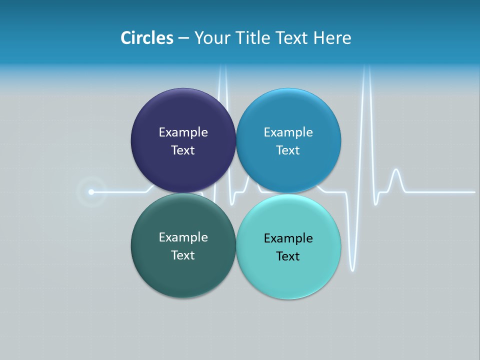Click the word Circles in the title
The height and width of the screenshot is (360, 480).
click(147, 38)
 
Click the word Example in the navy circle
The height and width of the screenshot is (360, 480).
click(183, 132)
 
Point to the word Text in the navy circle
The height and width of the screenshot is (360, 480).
click(183, 150)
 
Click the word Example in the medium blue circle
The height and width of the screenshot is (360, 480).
click(288, 132)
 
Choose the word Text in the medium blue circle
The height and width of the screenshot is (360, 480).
click(288, 150)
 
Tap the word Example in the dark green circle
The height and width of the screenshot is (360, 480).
click(183, 237)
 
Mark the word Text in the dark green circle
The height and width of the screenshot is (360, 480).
click(183, 255)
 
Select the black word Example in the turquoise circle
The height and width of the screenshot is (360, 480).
click(288, 238)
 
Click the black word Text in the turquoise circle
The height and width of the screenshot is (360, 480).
click(288, 256)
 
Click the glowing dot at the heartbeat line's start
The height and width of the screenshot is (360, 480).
click(91, 192)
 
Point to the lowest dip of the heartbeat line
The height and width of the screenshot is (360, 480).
click(352, 270)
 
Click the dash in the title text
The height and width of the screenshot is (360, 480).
click(183, 38)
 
